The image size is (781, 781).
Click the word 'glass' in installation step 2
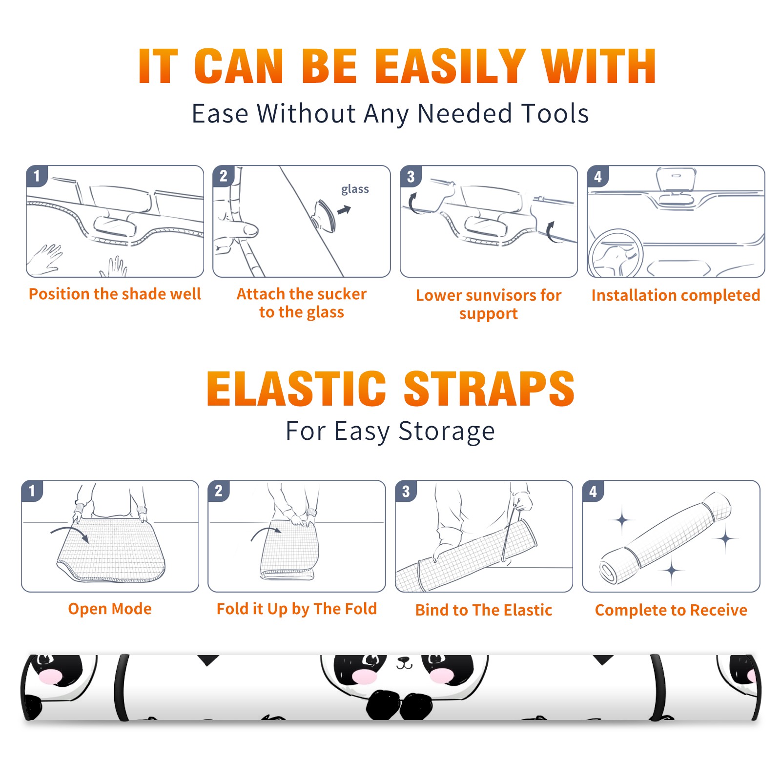[x=355, y=189]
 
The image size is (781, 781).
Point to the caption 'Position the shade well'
[x=115, y=294]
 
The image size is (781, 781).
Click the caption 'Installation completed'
[x=676, y=295]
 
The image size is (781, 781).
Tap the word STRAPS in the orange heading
[x=489, y=389]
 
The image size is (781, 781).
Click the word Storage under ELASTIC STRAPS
[x=447, y=432]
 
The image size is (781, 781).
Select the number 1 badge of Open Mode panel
[x=32, y=491]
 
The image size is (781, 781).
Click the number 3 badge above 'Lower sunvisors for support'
[x=411, y=176]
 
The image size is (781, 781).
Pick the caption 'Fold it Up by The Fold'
[x=297, y=609]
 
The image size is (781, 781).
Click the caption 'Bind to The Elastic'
[x=484, y=610]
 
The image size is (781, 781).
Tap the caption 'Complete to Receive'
[x=671, y=610]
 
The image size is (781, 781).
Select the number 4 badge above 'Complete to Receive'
[x=593, y=491]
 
